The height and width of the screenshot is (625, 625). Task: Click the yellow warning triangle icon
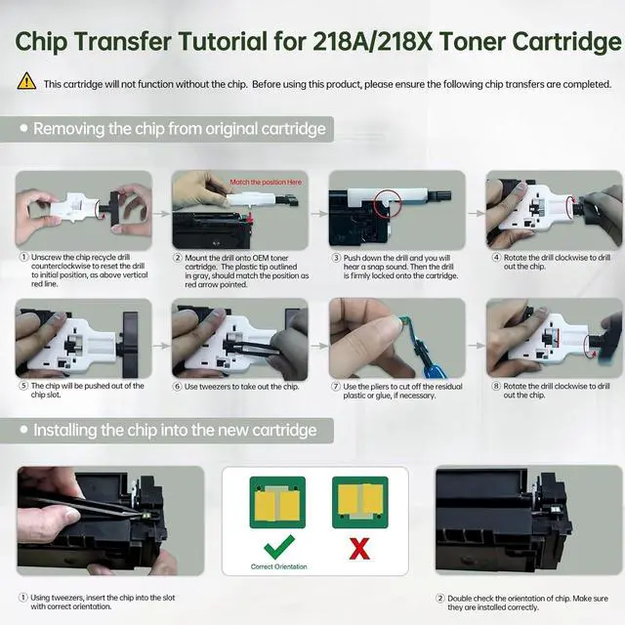pos(26,81)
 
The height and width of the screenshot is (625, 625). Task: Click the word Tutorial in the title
pos(223,41)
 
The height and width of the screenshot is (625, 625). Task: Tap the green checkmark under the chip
pos(279,547)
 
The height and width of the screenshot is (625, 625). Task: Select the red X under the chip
pos(359,549)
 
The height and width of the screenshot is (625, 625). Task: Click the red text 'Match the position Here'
pos(266,183)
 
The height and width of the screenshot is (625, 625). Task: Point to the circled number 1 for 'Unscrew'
pos(24,257)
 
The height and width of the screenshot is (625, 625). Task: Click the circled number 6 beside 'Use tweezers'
pos(178,387)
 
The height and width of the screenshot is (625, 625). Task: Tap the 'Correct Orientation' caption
pos(279,566)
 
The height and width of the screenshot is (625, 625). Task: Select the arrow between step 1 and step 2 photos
pos(161,214)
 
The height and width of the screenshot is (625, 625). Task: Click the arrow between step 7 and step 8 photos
pos(476,345)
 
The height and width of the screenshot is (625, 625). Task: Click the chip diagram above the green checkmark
pos(277,502)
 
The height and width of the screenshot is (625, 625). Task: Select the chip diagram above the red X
pos(360,502)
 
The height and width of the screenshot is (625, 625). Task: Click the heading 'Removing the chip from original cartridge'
pos(180,129)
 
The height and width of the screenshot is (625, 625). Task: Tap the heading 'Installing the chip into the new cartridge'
pos(175,430)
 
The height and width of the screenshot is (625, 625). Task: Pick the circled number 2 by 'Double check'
pos(440,598)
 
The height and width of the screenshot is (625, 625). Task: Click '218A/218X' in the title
pos(373,41)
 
